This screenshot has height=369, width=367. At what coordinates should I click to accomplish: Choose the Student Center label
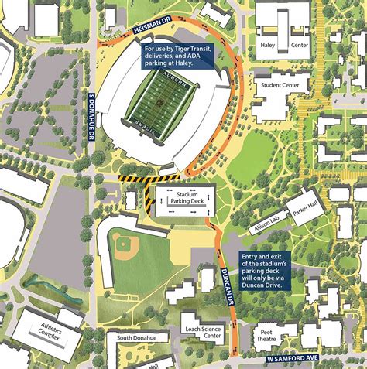pos(281,85)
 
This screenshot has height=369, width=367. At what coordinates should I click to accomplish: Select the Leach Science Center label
pos(200,332)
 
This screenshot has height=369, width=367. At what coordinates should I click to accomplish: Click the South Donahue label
pos(135,338)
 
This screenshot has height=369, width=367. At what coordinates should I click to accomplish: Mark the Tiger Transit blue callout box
pos(179,57)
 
